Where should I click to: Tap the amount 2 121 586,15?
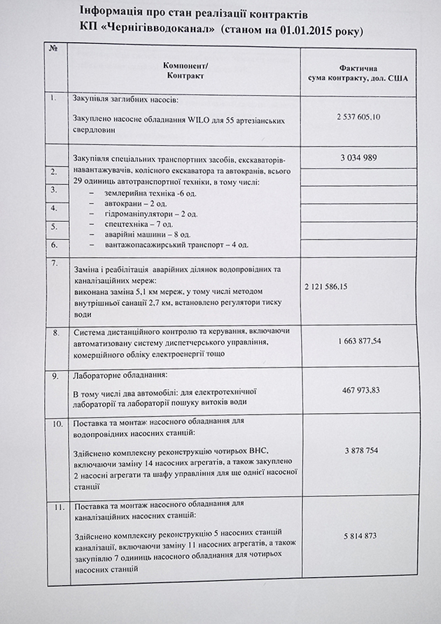tap(337, 287)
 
